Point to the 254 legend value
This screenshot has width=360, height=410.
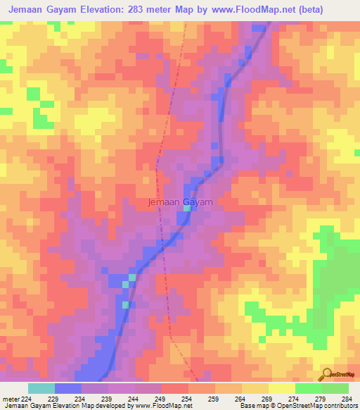(x=188, y=399)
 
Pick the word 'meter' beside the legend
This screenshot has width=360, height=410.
(x=10, y=399)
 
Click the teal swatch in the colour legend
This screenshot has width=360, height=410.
(x=41, y=388)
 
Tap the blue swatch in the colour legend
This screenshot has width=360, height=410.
(x=68, y=388)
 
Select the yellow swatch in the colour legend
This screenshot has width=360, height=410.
(x=282, y=388)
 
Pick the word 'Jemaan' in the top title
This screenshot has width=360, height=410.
(x=26, y=9)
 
